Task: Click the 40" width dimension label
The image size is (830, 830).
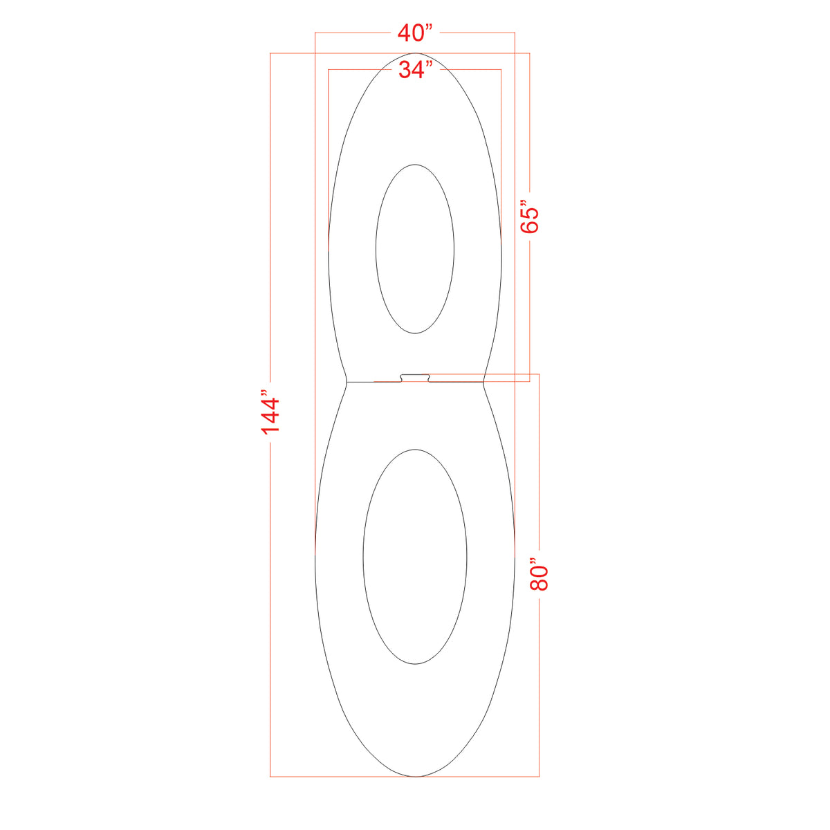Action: tap(415, 32)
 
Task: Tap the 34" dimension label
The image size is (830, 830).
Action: tap(415, 70)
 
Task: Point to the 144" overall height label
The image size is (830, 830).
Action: tap(270, 415)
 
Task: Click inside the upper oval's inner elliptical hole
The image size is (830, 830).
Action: tap(415, 249)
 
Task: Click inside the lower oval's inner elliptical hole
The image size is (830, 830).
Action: tap(415, 557)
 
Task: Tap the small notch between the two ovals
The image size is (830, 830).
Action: tap(415, 378)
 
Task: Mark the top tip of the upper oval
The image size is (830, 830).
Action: tap(415, 53)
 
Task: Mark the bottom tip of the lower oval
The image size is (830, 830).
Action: tap(415, 776)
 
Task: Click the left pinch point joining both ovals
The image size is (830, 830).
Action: tap(347, 381)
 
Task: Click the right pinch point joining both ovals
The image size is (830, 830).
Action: tap(483, 381)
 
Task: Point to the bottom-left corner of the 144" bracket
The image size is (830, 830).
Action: tap(270, 776)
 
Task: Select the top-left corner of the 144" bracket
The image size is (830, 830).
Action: tap(270, 53)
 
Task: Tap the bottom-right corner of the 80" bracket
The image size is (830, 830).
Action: tap(539, 776)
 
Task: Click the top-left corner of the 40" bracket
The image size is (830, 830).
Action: tap(315, 32)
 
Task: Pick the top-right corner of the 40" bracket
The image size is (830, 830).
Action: tap(515, 32)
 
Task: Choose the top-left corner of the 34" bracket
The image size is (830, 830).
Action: tap(328, 70)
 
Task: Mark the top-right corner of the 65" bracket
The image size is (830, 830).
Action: tap(530, 53)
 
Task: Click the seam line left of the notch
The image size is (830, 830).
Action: tap(373, 381)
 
